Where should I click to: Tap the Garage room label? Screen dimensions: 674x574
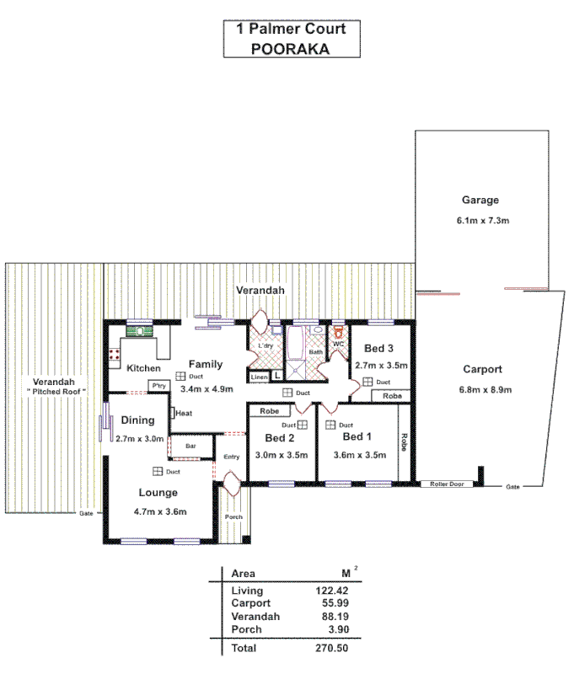coord(480,201)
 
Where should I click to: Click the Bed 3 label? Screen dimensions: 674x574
coord(378,349)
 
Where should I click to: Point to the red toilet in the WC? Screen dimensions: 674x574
coord(339,333)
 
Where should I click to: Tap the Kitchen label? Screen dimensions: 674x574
coord(143,368)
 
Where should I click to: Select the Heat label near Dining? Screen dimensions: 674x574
coord(184,413)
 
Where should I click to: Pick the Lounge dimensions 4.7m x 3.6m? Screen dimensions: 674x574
coord(159,511)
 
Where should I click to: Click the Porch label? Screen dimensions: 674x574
coord(233,516)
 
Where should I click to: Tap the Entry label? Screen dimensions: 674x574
coord(232,457)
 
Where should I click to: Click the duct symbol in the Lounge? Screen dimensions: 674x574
coord(158,471)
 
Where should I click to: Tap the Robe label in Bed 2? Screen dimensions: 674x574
coord(270,411)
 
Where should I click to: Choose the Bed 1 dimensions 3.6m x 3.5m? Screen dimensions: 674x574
coord(360,455)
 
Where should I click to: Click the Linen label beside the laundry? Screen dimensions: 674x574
coord(260,377)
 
